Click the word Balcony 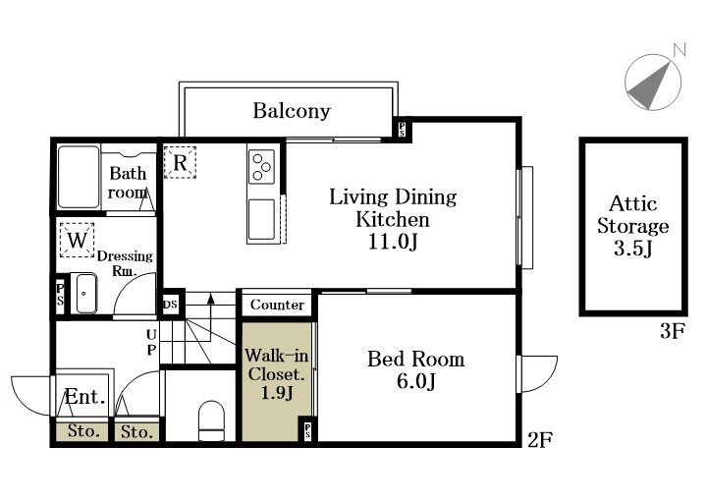(x=292, y=111)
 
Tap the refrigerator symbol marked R (x=180, y=162)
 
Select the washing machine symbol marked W (x=78, y=240)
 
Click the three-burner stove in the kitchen (x=261, y=166)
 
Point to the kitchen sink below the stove (x=261, y=219)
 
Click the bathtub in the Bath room (x=79, y=177)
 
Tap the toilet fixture (x=211, y=420)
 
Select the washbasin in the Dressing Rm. (x=83, y=293)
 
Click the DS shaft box (x=171, y=305)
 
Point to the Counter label (x=277, y=305)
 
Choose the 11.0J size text (x=393, y=242)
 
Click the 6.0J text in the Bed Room (x=415, y=381)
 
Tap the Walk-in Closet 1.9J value (x=277, y=392)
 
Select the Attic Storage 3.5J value (x=633, y=249)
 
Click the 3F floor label (x=673, y=331)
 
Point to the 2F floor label (x=540, y=439)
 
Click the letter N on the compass (x=680, y=50)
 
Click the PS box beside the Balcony (x=402, y=130)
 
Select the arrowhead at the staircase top (x=210, y=298)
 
